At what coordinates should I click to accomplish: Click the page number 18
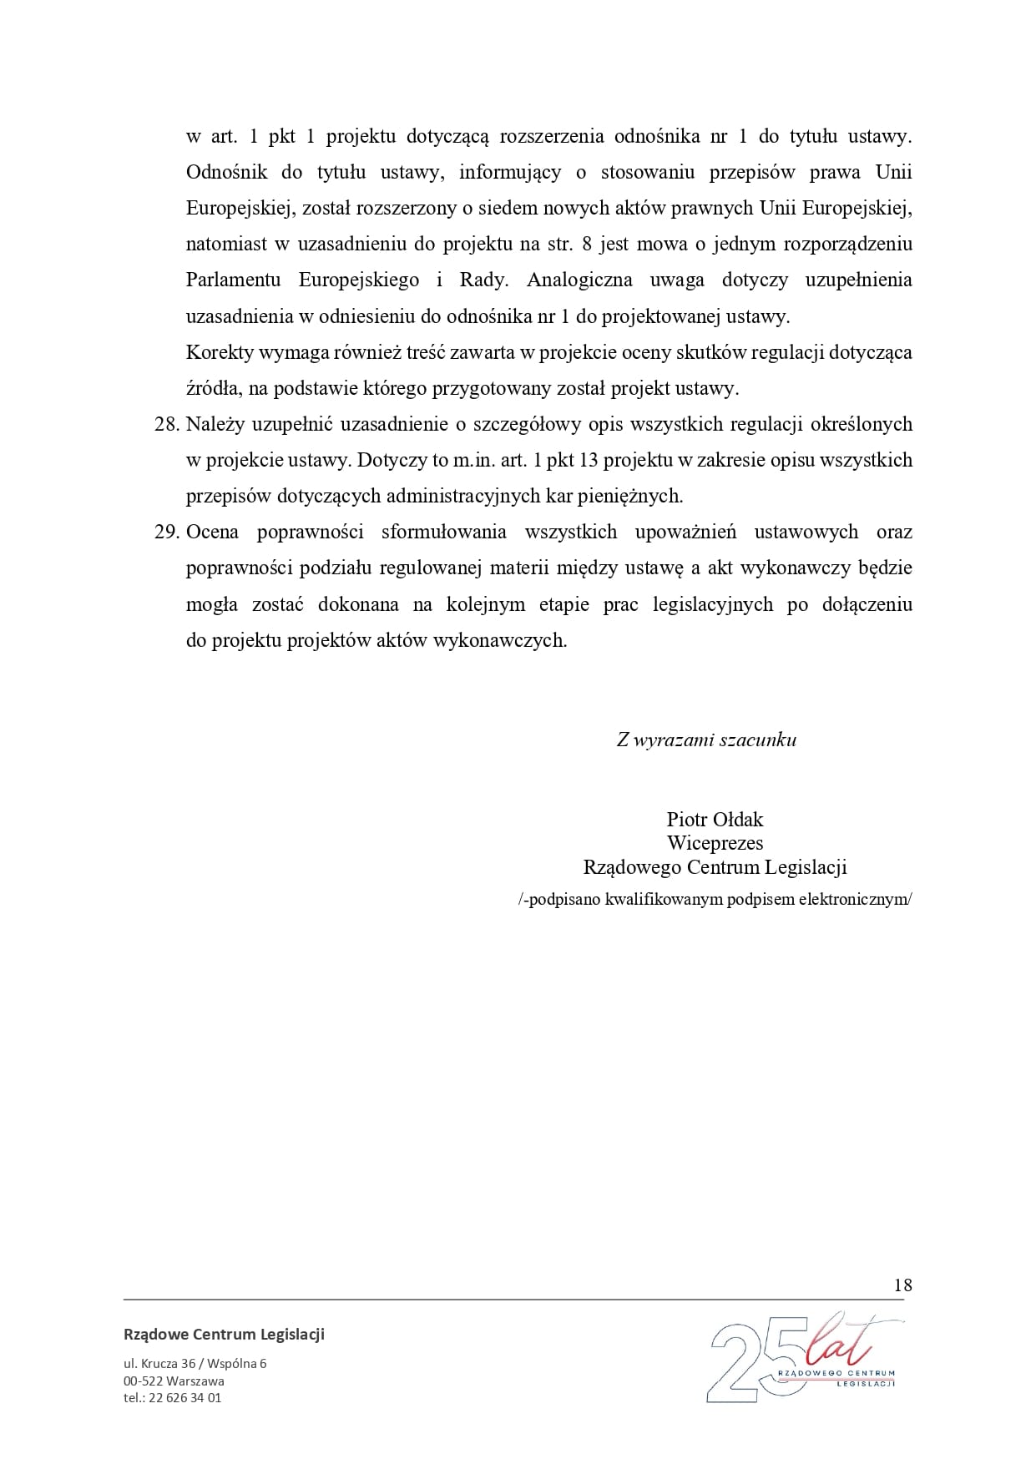902,1285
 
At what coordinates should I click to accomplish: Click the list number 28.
167,424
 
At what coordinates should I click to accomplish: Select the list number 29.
167,532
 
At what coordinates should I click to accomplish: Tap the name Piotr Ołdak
715,819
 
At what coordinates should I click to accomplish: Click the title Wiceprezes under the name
715,843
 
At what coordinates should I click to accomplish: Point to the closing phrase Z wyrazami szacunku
706,740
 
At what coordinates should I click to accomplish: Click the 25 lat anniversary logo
806,1360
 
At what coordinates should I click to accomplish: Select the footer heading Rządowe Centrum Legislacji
224,1334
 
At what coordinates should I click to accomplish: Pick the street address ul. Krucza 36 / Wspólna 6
195,1364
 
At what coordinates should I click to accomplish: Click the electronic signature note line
715,900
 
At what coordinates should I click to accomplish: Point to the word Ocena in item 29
212,532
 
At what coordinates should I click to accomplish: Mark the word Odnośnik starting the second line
226,172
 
